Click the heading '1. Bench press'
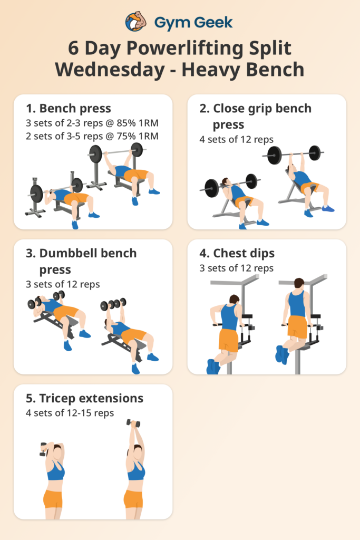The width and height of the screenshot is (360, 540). tap(69, 109)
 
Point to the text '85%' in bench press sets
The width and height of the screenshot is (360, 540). tap(125, 123)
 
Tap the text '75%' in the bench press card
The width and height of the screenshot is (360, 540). tap(125, 137)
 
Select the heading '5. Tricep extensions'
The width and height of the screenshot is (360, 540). tap(84, 398)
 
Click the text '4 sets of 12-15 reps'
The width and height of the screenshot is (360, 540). tap(70, 413)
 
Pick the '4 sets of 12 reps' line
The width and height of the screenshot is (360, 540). tap(236, 140)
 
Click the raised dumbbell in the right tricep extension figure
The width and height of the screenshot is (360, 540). tap(133, 423)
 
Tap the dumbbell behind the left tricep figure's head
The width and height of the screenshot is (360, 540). tap(44, 451)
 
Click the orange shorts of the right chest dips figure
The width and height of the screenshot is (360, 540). tap(298, 327)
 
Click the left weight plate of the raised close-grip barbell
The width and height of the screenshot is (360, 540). tap(274, 155)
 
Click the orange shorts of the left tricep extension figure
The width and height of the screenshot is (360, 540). tap(53, 498)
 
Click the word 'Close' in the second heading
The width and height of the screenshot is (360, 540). tap(228, 109)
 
